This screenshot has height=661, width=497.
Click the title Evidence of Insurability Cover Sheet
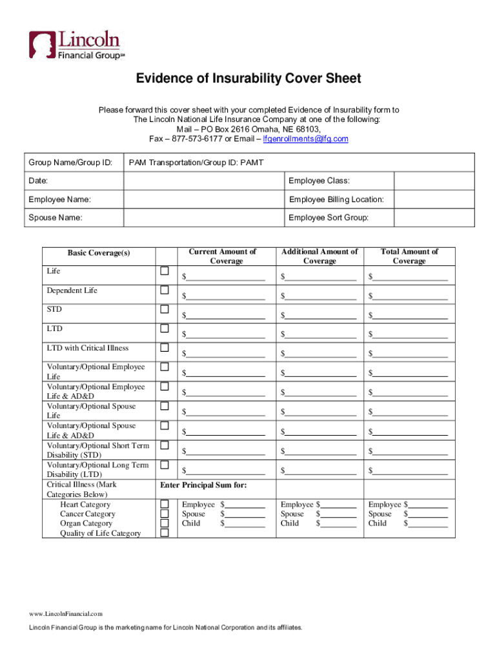[249, 79]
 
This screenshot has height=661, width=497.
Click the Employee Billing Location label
[336, 199]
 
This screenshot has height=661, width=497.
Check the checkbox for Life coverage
[165, 270]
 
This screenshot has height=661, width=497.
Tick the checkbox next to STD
[165, 309]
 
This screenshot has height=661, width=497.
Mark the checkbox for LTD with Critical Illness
[165, 347]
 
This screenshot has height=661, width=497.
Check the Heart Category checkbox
[165, 503]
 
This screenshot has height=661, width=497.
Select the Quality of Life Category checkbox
[165, 533]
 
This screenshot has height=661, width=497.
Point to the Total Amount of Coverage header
[409, 256]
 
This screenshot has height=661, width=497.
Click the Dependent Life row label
[72, 290]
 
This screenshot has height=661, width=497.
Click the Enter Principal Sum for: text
[203, 485]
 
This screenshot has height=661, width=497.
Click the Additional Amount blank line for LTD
[321, 335]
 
